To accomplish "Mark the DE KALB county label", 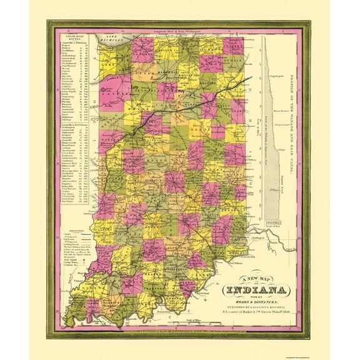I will pos(232,62).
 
